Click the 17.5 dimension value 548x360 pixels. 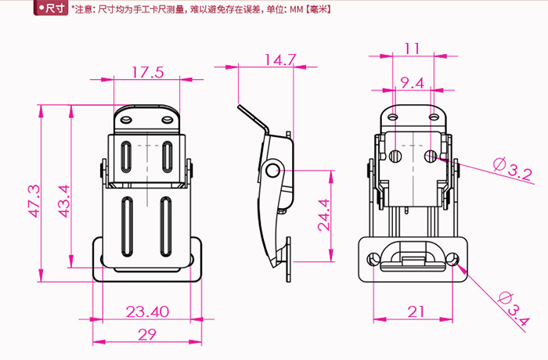pos(147,73)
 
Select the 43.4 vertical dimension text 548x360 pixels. pos(64,200)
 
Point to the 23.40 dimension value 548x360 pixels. pos(147,311)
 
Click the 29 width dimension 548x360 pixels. pos(147,334)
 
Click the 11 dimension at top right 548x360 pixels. pos(413,49)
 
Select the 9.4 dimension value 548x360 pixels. pos(412,82)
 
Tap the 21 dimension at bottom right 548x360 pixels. pos(415,311)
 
